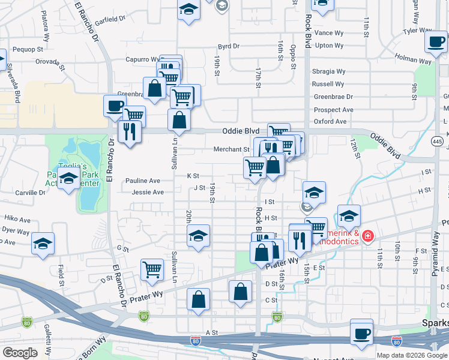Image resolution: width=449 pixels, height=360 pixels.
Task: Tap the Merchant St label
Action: pos(231,149)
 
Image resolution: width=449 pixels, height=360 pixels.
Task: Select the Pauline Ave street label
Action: pos(143,181)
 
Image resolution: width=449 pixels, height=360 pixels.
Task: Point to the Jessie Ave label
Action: pos(148,193)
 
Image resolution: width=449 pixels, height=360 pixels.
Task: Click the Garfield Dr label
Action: pos(109,19)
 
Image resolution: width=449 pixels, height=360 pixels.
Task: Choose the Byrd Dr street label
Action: pos(229,46)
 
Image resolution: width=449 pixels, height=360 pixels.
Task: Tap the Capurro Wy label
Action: pos(141,59)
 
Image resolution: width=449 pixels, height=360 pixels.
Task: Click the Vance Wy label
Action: pos(328,33)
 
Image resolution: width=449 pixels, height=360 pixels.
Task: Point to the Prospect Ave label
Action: pos(333,110)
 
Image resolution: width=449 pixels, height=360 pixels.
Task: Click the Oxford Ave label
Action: pos(330,121)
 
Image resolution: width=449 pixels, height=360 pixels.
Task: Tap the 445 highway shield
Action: pos(437,141)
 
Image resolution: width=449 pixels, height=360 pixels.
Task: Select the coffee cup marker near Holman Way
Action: pos(435,40)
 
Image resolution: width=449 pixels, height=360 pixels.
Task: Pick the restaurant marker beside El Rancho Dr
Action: pos(130,130)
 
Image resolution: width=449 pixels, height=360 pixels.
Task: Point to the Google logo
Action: pos(20,353)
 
